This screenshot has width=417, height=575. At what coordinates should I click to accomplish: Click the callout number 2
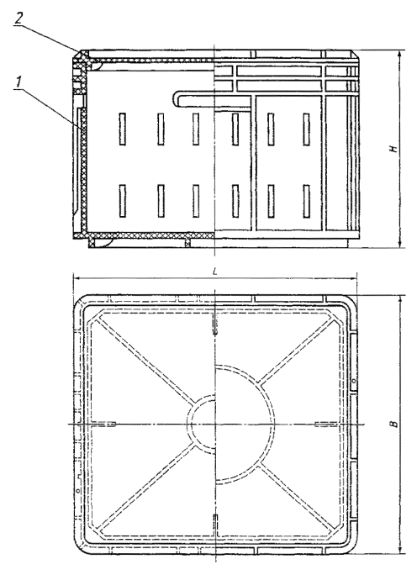click(x=18, y=18)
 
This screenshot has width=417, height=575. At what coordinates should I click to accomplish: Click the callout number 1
click(x=18, y=83)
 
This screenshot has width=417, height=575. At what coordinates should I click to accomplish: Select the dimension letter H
click(x=393, y=149)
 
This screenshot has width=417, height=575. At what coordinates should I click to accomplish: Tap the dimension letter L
click(x=215, y=272)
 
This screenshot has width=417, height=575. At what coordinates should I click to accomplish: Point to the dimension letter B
click(x=394, y=424)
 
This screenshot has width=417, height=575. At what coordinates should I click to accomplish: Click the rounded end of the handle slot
click(x=176, y=99)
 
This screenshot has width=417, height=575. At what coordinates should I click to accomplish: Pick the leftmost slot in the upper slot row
click(x=122, y=129)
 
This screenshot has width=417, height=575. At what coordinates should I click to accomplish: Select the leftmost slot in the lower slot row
click(x=122, y=201)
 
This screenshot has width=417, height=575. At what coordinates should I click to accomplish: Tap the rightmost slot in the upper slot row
click(x=306, y=129)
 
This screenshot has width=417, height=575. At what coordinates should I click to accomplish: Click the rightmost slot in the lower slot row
click(x=306, y=201)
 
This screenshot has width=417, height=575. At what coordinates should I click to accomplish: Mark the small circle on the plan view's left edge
click(x=77, y=489)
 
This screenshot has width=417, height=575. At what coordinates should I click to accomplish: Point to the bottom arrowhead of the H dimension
click(x=400, y=244)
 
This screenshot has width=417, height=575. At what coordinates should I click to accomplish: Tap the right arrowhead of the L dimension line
click(x=353, y=279)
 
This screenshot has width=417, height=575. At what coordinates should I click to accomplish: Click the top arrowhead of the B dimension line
click(x=400, y=299)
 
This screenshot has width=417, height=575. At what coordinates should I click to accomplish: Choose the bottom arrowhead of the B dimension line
click(x=400, y=549)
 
